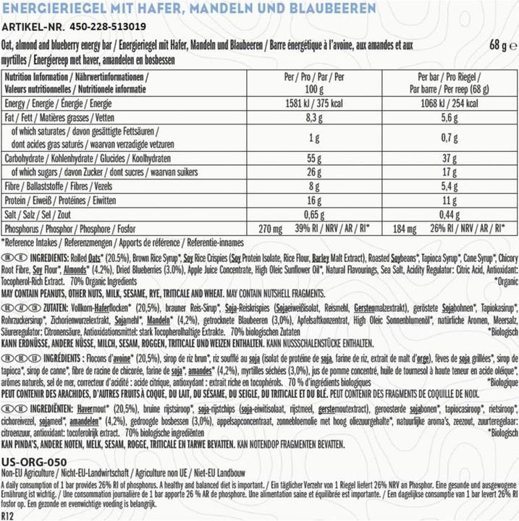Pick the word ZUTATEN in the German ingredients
click(41, 308)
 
